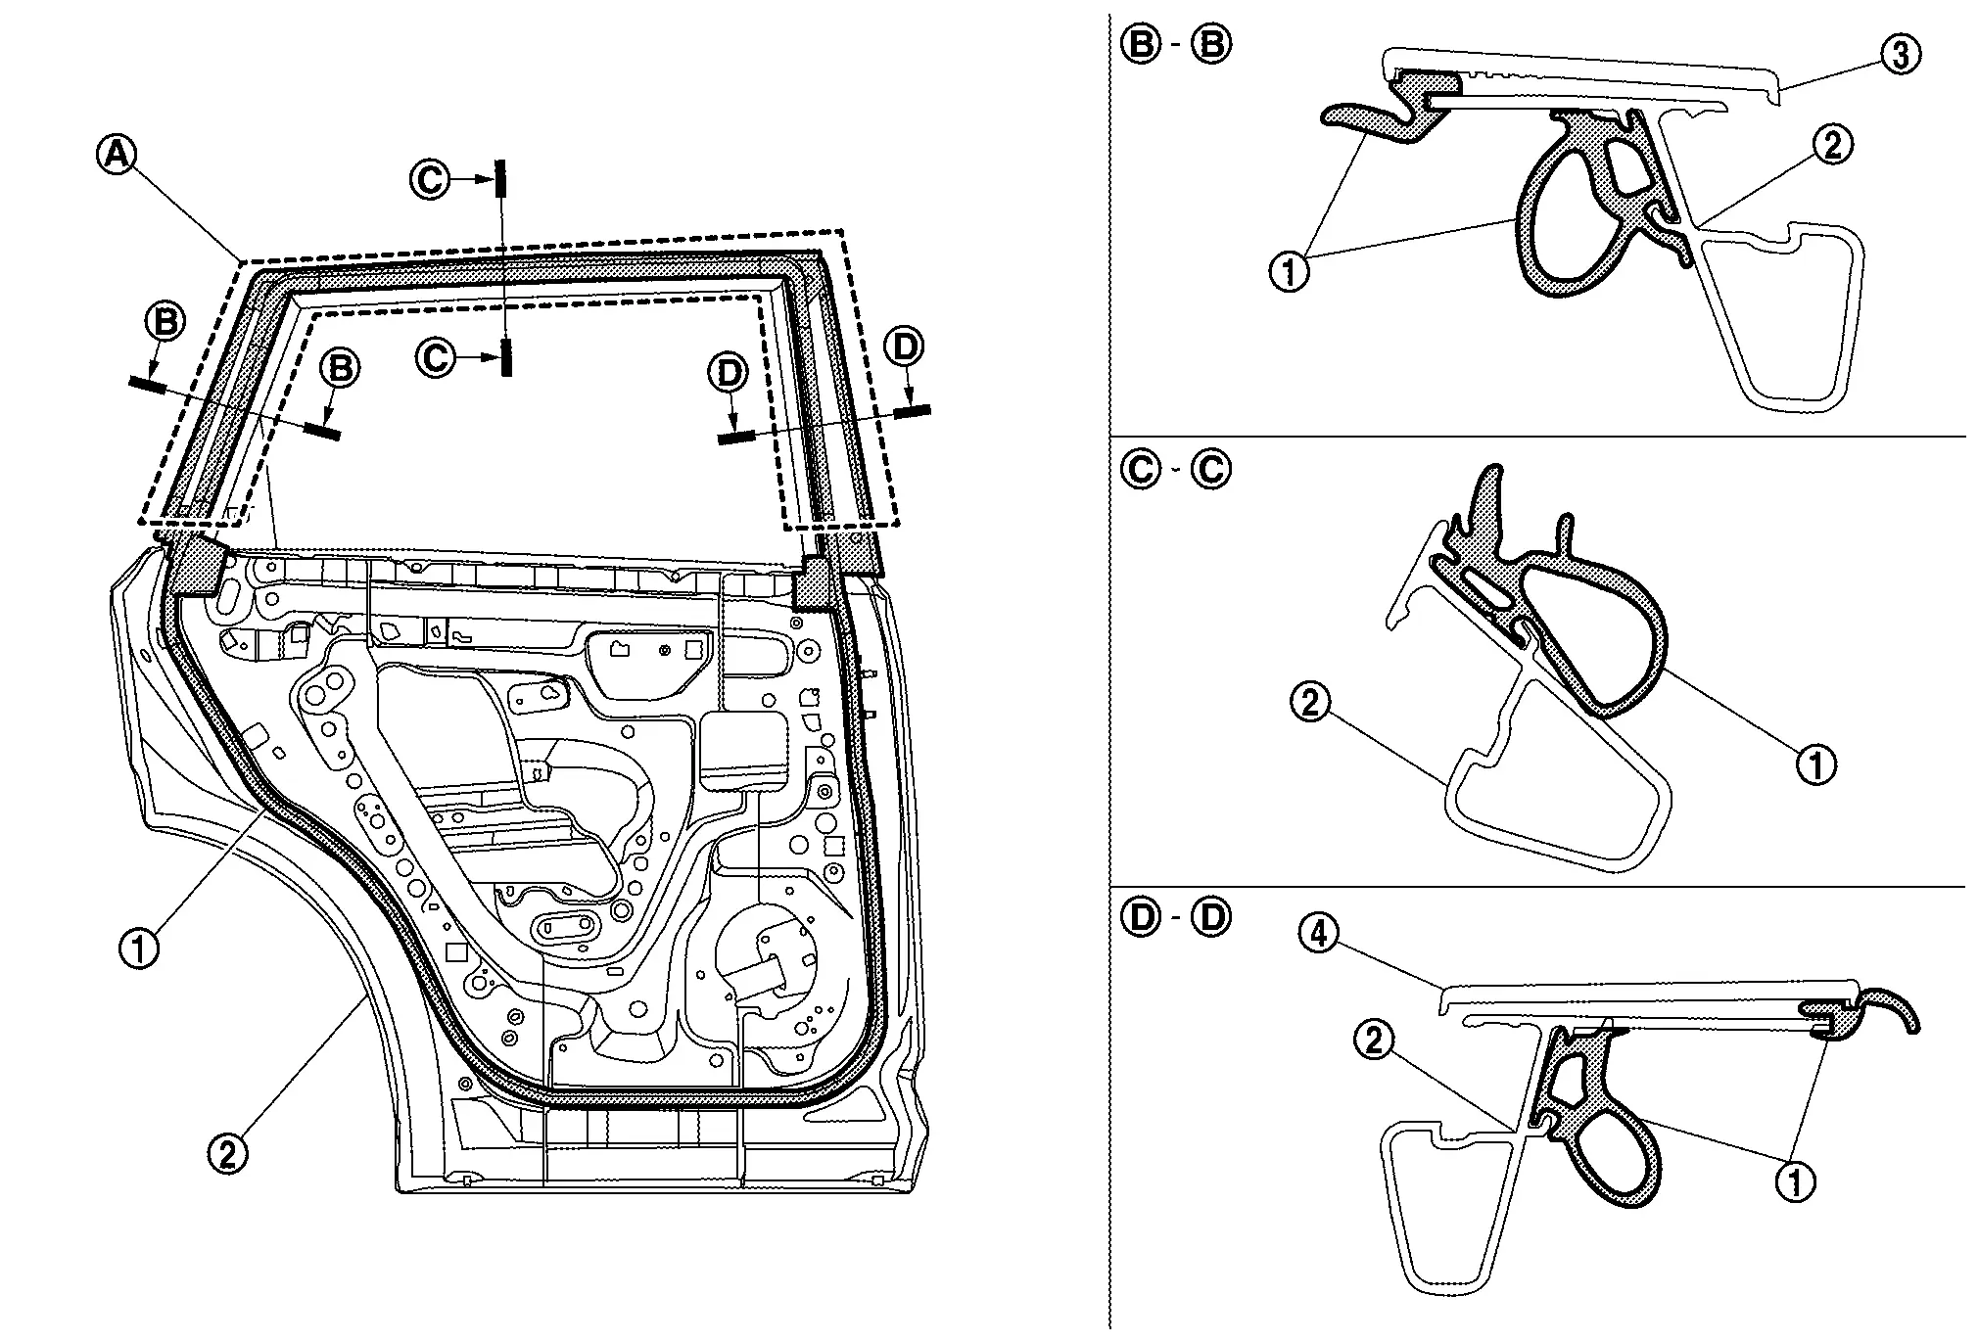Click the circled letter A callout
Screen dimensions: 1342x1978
[x=117, y=155]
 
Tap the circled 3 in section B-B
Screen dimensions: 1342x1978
[x=1900, y=54]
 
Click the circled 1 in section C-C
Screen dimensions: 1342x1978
[x=1817, y=764]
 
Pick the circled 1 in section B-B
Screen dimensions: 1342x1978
[x=1289, y=271]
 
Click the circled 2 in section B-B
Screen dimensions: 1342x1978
[x=1832, y=145]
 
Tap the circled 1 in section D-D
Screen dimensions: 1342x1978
[x=1795, y=1182]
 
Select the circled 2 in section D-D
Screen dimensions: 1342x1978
[x=1375, y=1041]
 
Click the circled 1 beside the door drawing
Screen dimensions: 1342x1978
[x=138, y=948]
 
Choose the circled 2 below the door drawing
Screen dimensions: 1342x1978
[x=227, y=1154]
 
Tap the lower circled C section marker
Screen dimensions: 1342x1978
[x=435, y=358]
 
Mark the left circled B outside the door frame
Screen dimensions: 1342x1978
[x=165, y=322]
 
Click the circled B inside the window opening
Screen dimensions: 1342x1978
[x=341, y=368]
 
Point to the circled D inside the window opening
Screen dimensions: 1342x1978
[x=730, y=373]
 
